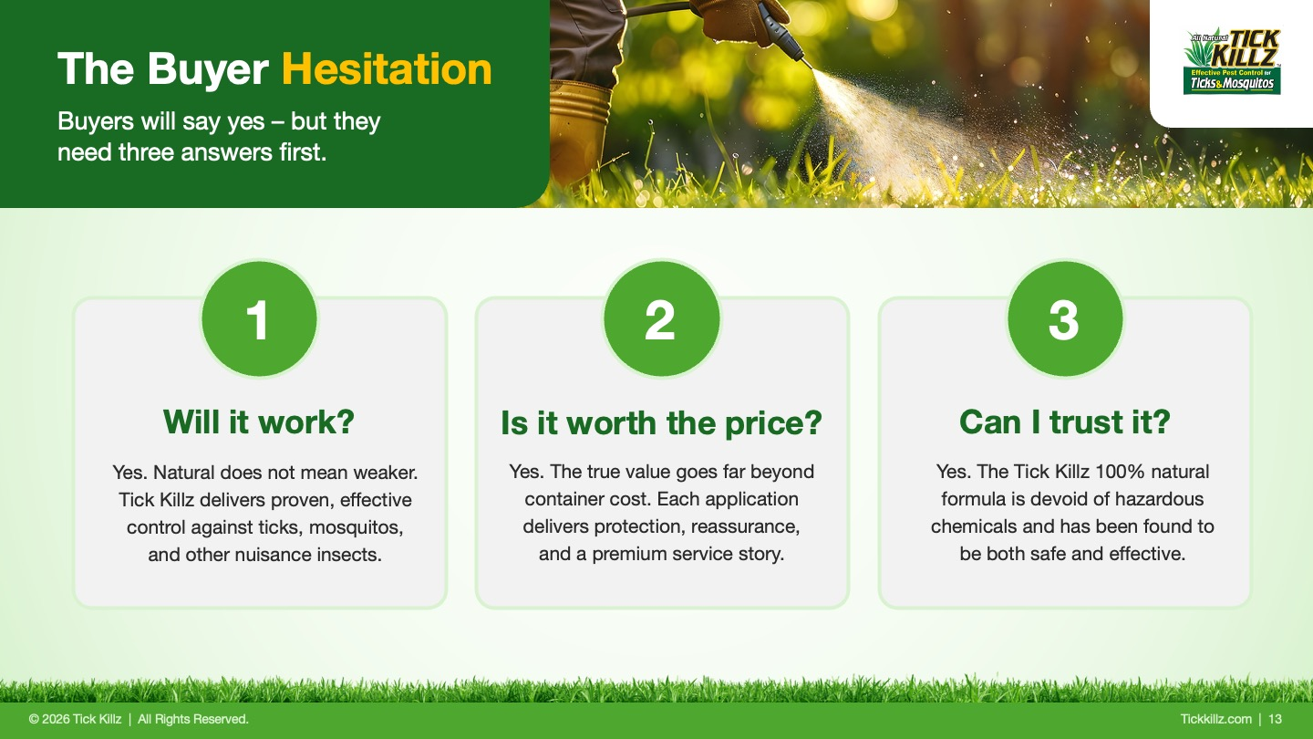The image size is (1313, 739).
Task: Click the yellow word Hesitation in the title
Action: click(387, 69)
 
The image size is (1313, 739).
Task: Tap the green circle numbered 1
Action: click(259, 319)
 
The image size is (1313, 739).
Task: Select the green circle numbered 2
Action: click(662, 319)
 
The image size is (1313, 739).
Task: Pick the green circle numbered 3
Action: click(1065, 319)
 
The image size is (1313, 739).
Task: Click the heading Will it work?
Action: click(259, 422)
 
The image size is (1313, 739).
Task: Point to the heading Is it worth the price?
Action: click(661, 423)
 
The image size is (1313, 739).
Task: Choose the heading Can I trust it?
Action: click(1064, 422)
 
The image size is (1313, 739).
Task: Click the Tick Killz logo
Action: click(1232, 62)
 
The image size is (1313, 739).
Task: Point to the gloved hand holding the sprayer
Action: click(738, 19)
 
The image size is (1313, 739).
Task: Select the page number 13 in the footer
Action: click(1275, 719)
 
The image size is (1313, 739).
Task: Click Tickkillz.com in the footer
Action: click(1215, 719)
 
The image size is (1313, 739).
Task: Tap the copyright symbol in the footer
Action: click(34, 719)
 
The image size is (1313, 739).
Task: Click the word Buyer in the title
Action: click(208, 70)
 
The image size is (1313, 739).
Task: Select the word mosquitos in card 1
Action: click(356, 527)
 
